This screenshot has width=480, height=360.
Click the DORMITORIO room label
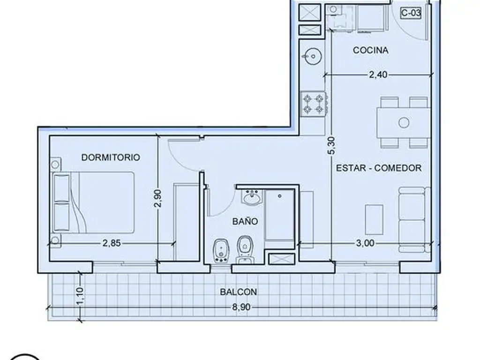coord(111,157)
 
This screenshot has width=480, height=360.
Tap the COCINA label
coord(370,50)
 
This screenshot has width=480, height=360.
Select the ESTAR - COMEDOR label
coord(379,168)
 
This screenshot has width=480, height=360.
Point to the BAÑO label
coord(245,221)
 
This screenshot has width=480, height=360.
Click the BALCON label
coord(239,292)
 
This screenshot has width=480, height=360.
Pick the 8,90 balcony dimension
coord(241,307)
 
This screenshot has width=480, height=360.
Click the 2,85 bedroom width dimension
coord(112,243)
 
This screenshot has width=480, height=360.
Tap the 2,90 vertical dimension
coord(157,198)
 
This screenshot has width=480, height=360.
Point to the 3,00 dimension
coord(365,243)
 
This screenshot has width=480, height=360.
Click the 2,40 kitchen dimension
coord(378,75)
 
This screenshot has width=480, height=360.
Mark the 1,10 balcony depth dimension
coord(79,296)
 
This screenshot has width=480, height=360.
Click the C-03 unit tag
coord(411,13)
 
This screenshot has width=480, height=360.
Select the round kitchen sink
coord(312,56)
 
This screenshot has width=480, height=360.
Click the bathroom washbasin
coord(252,197)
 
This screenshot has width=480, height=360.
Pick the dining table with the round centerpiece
coord(404,123)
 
